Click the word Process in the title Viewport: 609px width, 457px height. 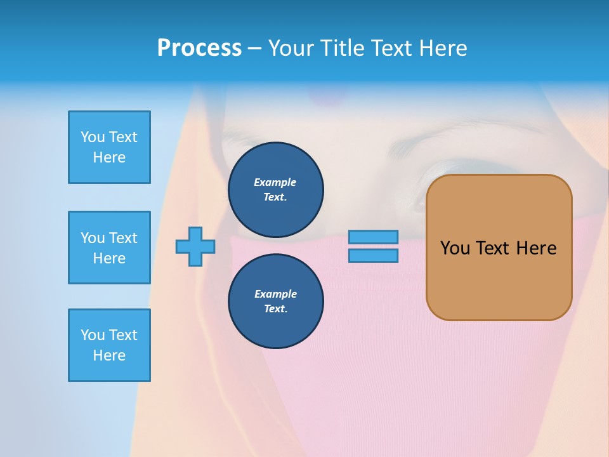[x=199, y=48]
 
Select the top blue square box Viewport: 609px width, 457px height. [x=109, y=147]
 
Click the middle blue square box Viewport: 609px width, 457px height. [x=109, y=248]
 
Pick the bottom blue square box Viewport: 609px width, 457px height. [x=109, y=345]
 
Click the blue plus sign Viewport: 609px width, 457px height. [x=195, y=246]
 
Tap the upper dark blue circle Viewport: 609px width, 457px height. [x=275, y=189]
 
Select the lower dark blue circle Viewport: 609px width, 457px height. [x=275, y=301]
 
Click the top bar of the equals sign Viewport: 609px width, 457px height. [x=374, y=237]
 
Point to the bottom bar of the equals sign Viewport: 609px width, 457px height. [x=374, y=256]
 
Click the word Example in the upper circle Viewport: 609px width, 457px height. [x=275, y=182]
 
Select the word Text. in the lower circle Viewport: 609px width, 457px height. [x=275, y=309]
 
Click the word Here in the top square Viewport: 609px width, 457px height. [x=109, y=157]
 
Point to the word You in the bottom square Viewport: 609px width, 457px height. [x=93, y=335]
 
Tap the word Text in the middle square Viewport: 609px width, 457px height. [x=123, y=238]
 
